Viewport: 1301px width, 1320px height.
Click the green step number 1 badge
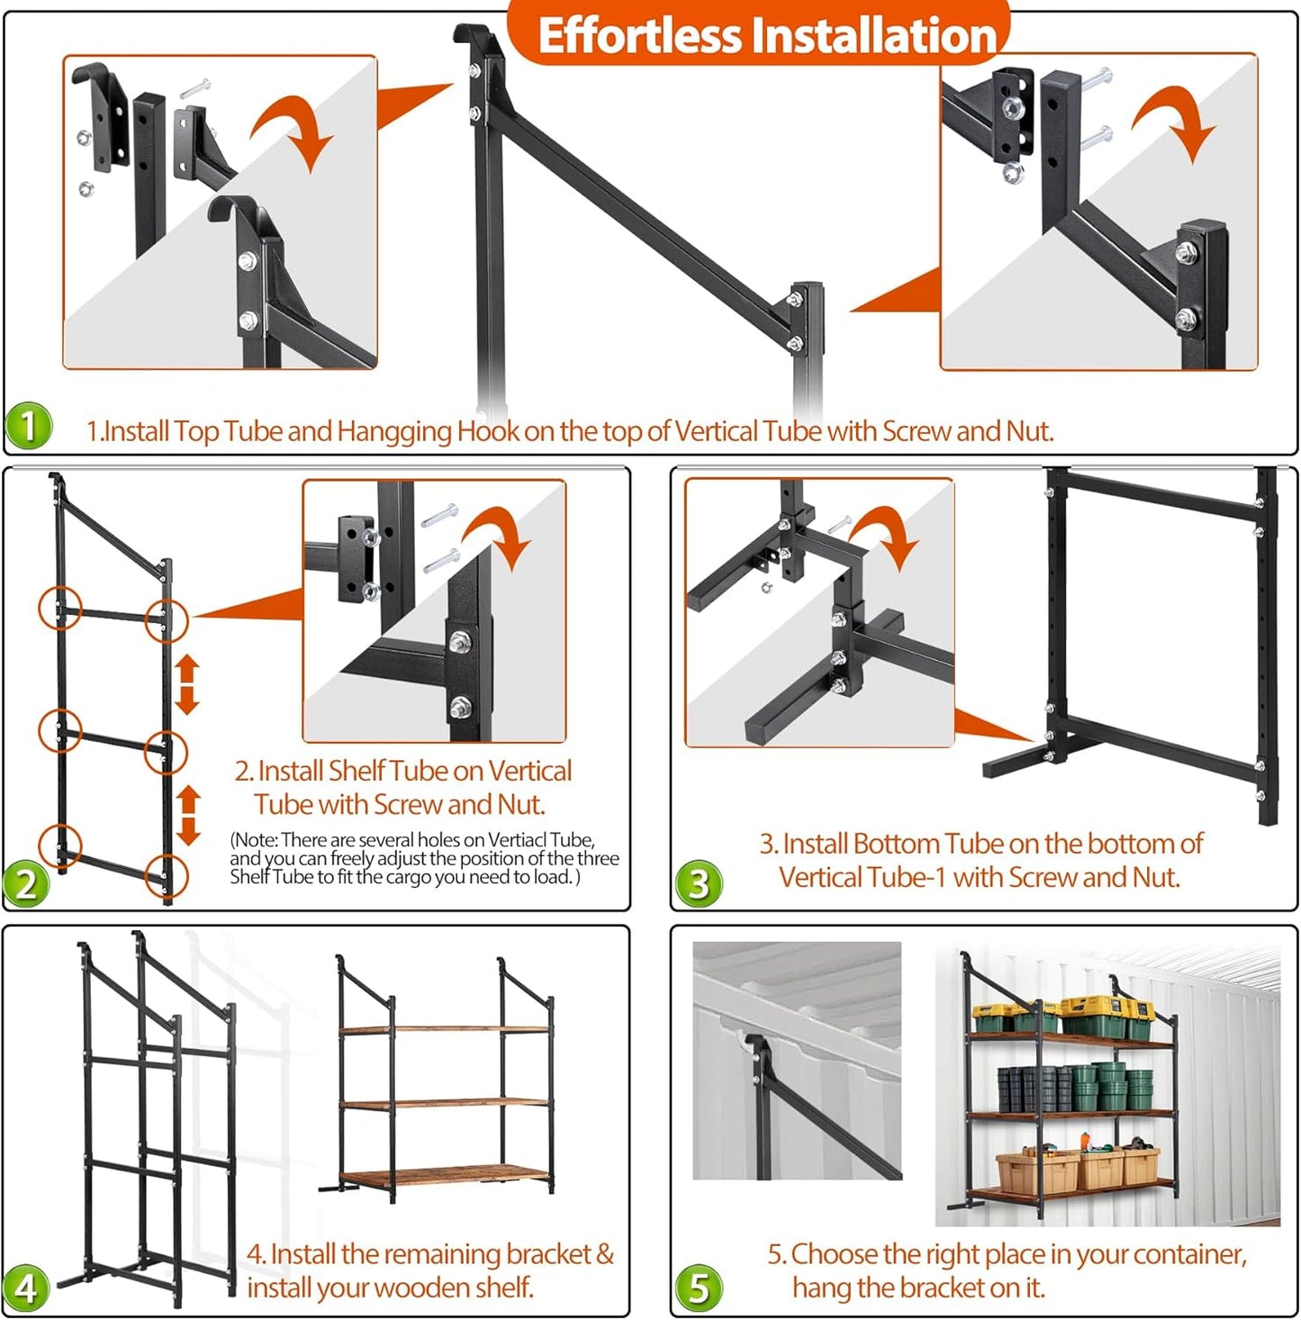(x=29, y=425)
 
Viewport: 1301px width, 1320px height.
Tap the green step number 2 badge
(x=26, y=883)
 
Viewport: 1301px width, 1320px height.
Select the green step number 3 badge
(x=699, y=883)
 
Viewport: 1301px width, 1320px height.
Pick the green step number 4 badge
(x=26, y=1288)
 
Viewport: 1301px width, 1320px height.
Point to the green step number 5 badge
(x=699, y=1288)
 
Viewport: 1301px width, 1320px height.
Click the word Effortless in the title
(x=638, y=36)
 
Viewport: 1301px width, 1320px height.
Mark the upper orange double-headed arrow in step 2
(x=187, y=683)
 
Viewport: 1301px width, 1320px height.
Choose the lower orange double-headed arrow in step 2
(x=187, y=815)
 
